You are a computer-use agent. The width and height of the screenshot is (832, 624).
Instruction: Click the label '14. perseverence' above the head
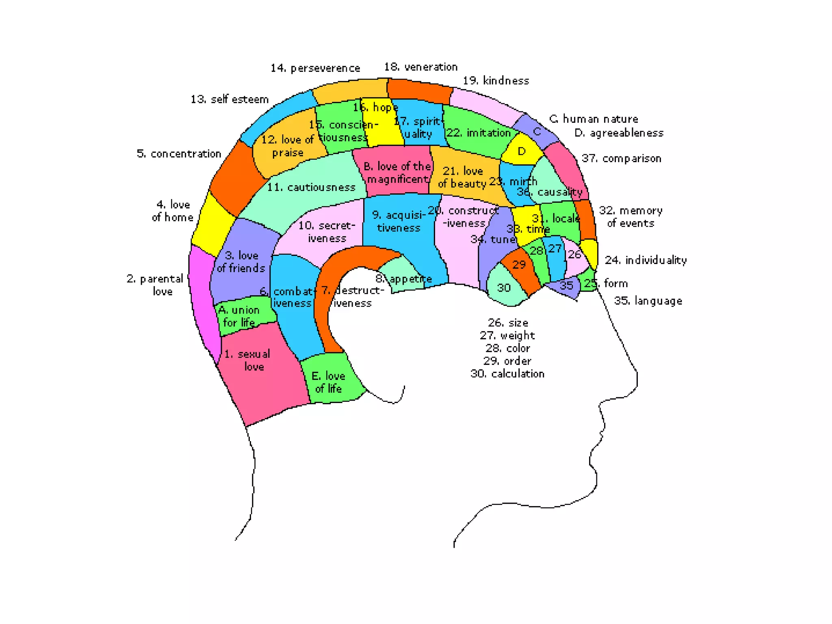point(315,68)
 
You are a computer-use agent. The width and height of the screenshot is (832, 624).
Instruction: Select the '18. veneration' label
point(421,67)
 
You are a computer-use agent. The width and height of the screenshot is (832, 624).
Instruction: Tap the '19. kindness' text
point(496,80)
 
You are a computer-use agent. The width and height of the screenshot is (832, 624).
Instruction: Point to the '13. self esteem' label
point(230,99)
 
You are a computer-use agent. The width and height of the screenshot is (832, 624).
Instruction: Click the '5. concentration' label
point(179,154)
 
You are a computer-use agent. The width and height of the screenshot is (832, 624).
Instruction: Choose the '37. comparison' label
point(621,158)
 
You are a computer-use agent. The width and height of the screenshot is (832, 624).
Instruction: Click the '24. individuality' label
point(646,260)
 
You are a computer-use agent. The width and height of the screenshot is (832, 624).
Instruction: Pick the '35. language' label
point(648,301)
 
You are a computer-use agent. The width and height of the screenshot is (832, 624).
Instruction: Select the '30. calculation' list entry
point(507,373)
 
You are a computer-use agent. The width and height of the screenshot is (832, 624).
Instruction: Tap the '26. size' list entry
point(508,323)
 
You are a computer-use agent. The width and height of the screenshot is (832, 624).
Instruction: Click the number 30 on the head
point(504,288)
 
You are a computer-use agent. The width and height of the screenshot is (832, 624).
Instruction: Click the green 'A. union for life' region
point(244,315)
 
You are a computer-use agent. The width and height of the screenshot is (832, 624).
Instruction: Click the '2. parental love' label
point(156,285)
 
